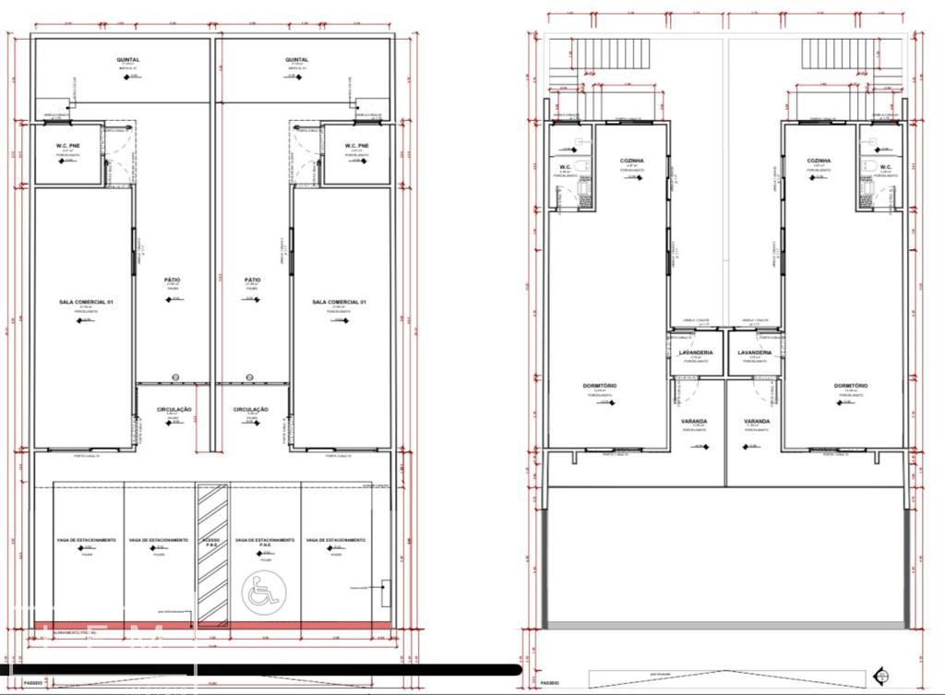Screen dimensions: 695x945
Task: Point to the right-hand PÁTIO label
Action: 252,280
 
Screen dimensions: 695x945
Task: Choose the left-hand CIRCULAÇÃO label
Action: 173,409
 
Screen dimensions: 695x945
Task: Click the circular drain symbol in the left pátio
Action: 176,377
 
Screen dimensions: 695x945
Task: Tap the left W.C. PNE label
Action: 66,146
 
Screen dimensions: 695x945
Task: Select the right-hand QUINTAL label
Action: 297,60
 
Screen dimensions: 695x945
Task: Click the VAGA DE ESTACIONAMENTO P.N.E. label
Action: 264,541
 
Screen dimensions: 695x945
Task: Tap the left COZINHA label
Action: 631,161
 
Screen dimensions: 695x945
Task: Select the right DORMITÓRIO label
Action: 851,385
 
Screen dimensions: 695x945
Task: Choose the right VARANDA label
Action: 757,422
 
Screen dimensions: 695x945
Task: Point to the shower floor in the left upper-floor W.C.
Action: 565,198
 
